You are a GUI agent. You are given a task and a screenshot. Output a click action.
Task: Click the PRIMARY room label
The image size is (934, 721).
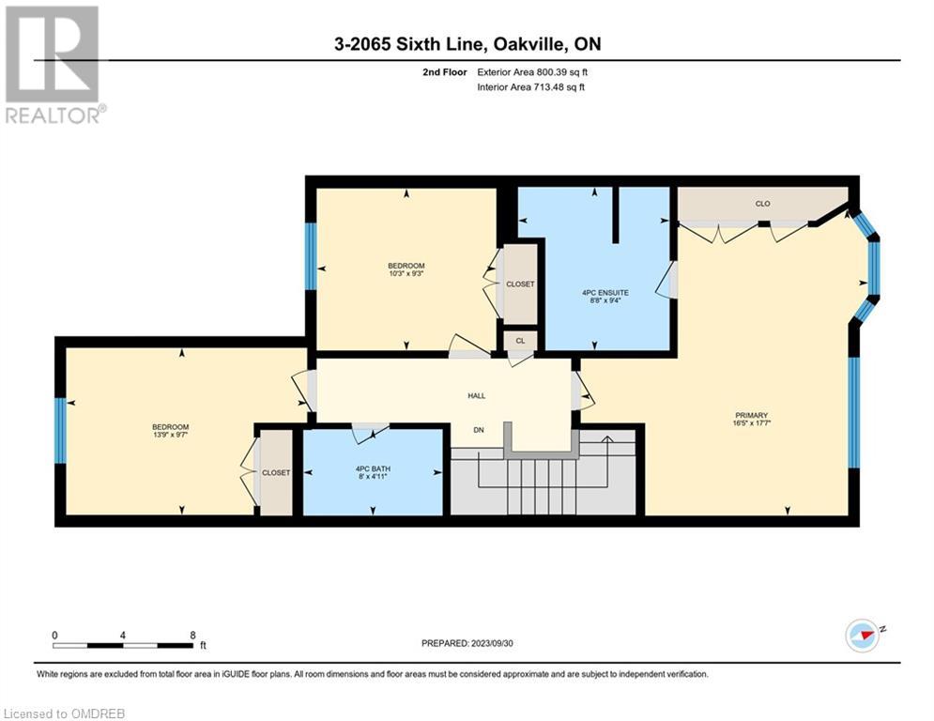pyautogui.click(x=751, y=415)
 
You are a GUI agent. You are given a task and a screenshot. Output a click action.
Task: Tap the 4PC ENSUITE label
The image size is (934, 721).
pyautogui.click(x=605, y=293)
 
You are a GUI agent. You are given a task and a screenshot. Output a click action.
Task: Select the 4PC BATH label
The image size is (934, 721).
pyautogui.click(x=373, y=469)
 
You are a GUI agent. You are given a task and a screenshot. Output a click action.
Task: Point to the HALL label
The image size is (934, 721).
pyautogui.click(x=477, y=395)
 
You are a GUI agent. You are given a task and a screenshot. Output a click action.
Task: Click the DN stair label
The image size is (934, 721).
pyautogui.click(x=479, y=430)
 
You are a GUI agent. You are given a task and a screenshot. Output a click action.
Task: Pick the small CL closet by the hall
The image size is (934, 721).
pyautogui.click(x=521, y=341)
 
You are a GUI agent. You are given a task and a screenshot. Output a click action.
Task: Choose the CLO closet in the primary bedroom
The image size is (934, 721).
pyautogui.click(x=762, y=204)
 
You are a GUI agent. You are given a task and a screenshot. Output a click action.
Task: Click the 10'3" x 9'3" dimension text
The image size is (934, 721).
pyautogui.click(x=406, y=273)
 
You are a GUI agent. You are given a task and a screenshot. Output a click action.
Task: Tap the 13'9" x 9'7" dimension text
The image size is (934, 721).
pyautogui.click(x=170, y=435)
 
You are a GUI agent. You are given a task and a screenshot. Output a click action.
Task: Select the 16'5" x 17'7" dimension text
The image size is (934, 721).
pyautogui.click(x=751, y=423)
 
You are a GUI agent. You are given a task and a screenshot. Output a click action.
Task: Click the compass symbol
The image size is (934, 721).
pyautogui.click(x=863, y=636)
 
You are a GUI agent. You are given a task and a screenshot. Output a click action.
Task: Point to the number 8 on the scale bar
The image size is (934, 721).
pyautogui.click(x=192, y=636)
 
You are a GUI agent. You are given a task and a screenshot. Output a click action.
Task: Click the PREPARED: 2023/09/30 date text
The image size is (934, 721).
pyautogui.click(x=467, y=643)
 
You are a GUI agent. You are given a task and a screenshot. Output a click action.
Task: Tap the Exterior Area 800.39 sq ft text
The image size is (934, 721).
pyautogui.click(x=532, y=72)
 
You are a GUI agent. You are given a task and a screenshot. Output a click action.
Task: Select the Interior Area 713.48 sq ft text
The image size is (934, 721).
pyautogui.click(x=530, y=87)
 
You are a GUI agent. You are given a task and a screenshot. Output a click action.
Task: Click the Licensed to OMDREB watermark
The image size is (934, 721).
pyautogui.click(x=64, y=713)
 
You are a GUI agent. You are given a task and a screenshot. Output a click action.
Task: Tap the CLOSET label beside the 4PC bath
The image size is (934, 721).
pyautogui.click(x=276, y=472)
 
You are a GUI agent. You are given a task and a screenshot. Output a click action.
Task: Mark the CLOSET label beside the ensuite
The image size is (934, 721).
pyautogui.click(x=520, y=284)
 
